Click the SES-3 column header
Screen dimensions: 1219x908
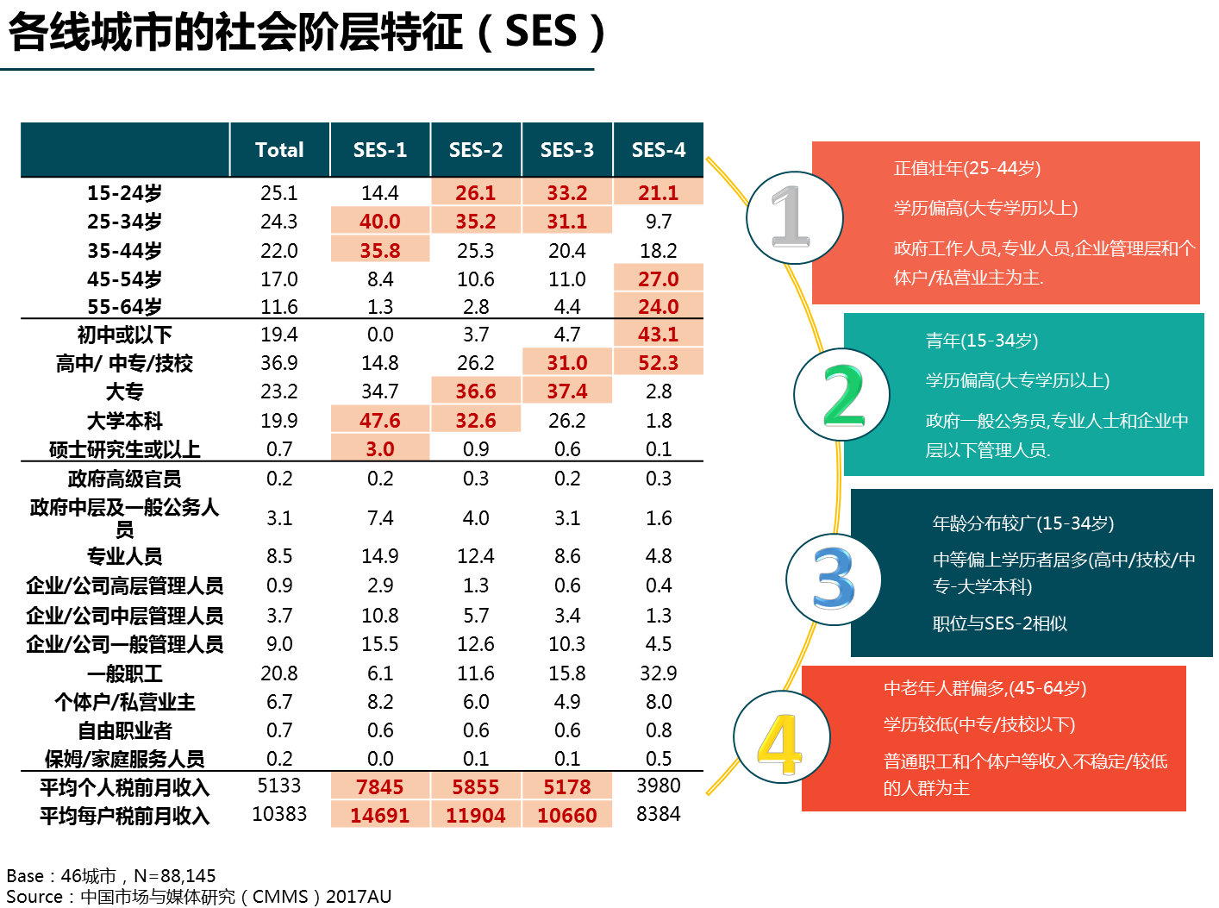566,149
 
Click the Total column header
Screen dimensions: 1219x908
279,149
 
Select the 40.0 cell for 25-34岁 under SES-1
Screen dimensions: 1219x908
380,221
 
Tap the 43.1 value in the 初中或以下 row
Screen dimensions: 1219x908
658,335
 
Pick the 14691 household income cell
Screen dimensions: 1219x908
380,815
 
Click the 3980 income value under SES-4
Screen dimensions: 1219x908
658,786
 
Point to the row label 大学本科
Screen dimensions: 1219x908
125,421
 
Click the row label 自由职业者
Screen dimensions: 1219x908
125,730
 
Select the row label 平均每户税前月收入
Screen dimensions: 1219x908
125,816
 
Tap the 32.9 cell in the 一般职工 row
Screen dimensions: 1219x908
658,673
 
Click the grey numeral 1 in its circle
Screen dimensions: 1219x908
791,216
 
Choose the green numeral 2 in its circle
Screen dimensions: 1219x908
844,396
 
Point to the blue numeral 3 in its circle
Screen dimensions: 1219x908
834,579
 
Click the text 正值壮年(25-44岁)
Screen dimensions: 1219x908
967,168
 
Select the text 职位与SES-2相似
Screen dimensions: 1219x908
1000,623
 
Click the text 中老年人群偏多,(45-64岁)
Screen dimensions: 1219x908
985,688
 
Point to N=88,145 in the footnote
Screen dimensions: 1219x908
174,875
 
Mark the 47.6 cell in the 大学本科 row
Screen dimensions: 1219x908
380,421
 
